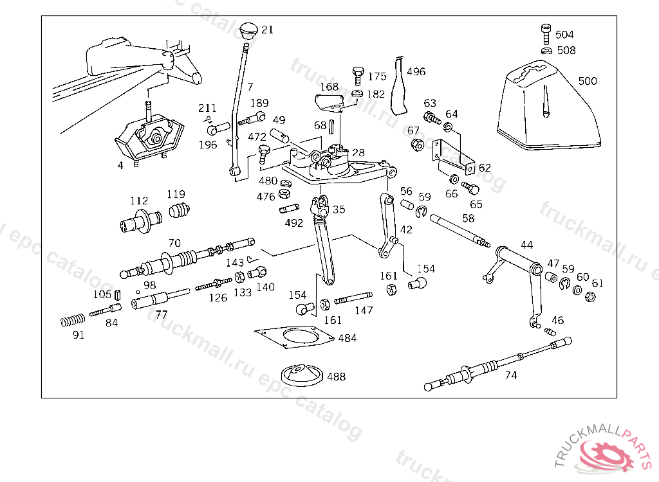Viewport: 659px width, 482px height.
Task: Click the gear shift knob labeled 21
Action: coord(248,31)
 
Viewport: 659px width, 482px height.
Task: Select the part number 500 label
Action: coord(587,81)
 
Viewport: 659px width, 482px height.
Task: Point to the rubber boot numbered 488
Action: coord(302,375)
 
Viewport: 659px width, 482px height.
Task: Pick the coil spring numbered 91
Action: coord(72,319)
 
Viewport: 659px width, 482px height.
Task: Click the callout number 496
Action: coord(416,72)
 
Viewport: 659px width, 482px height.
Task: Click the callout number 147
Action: coord(364,310)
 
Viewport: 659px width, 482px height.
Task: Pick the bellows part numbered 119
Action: coord(180,210)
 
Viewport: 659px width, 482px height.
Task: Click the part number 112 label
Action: coord(138,201)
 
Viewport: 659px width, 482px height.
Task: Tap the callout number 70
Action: coord(174,244)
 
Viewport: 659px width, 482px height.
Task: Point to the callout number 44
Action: coord(526,245)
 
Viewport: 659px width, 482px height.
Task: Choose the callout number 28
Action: coord(358,152)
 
